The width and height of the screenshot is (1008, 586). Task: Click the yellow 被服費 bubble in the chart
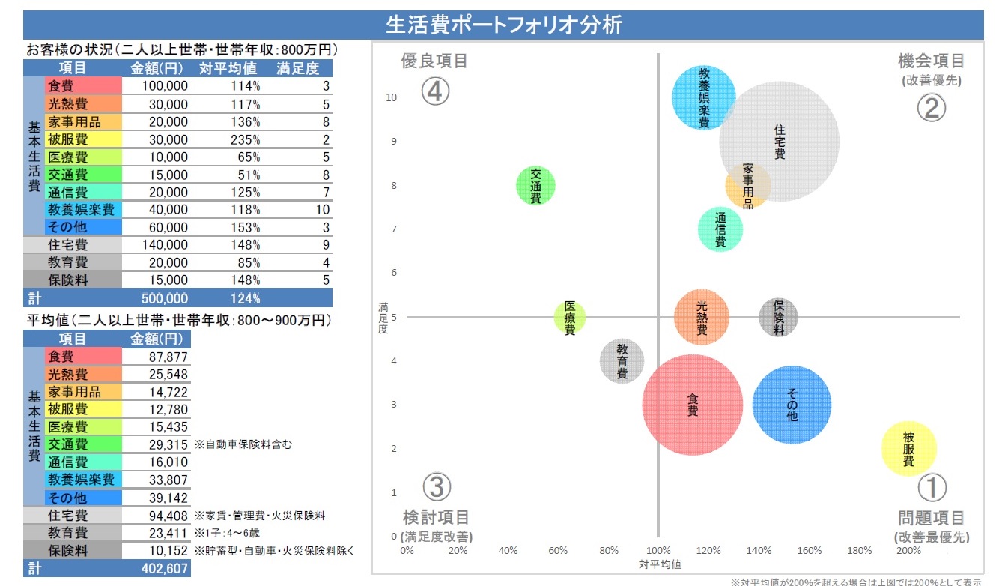908,448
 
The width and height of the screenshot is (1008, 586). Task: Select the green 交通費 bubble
536,186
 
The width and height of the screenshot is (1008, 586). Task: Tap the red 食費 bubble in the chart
693,405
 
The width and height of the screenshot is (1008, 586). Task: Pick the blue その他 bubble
792,405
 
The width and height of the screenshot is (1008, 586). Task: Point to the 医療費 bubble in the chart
570,318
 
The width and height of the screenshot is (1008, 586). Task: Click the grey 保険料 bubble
778,317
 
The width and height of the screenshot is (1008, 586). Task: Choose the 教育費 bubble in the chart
622,361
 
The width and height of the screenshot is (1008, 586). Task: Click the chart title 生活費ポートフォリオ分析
503,25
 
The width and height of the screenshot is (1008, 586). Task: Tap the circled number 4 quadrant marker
435,91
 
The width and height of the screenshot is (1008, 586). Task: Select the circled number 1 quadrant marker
932,488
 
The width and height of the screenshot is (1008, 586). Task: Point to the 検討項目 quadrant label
436,517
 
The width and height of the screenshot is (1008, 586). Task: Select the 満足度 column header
297,69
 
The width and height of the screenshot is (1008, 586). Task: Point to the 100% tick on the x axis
658,551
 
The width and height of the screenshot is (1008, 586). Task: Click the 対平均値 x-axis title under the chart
660,564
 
